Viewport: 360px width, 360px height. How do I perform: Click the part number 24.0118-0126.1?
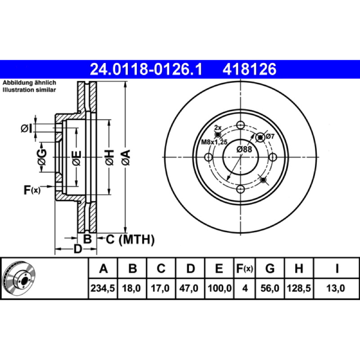click(x=146, y=69)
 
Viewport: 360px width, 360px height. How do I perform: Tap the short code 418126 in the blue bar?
click(x=249, y=69)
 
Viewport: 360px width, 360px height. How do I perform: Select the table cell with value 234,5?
click(x=103, y=288)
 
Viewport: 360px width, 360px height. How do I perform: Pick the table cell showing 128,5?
click(x=299, y=288)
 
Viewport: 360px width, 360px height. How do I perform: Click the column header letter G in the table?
click(x=270, y=268)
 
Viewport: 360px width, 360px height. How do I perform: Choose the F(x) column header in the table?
click(x=244, y=268)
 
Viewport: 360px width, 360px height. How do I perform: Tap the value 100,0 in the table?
click(x=220, y=288)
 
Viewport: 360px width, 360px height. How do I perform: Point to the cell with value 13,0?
click(x=336, y=288)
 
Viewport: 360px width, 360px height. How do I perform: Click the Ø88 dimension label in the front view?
click(x=244, y=149)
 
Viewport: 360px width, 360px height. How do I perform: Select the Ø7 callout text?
click(x=270, y=136)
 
